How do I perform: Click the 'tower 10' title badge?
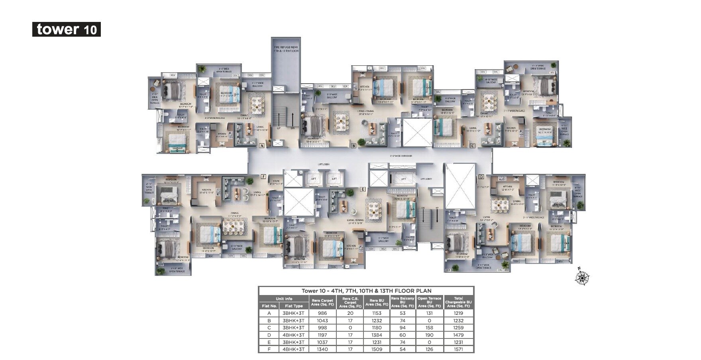[66, 30]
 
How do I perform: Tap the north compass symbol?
[582, 277]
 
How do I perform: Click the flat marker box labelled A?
[262, 146]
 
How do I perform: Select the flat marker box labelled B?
[353, 146]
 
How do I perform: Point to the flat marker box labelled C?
[472, 146]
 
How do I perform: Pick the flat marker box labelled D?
[481, 177]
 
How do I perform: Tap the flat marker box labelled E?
[362, 189]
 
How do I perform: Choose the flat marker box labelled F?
[263, 177]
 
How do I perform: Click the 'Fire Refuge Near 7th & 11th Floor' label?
[286, 49]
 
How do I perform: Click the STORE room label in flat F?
[276, 182]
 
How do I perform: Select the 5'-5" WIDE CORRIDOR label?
[401, 156]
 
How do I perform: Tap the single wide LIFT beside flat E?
[403, 179]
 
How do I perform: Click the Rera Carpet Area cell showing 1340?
[322, 349]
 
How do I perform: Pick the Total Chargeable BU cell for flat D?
[458, 335]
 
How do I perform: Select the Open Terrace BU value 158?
[429, 328]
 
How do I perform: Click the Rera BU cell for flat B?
[377, 321]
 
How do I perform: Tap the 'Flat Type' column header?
[294, 306]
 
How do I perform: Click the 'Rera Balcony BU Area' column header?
[403, 302]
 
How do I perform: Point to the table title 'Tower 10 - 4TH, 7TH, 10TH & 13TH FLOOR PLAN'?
[366, 291]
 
